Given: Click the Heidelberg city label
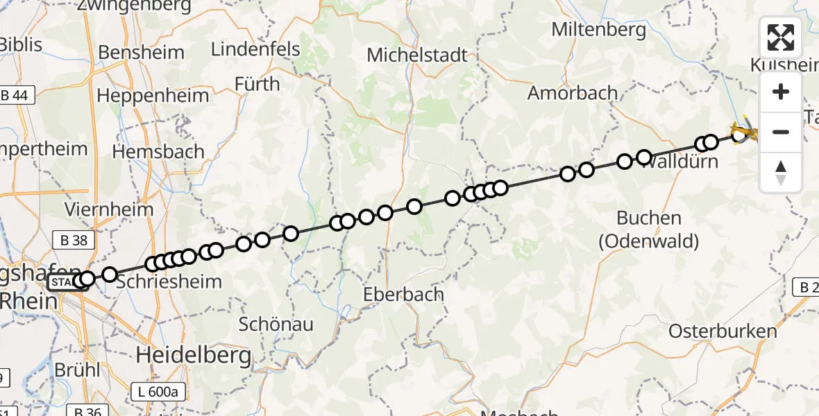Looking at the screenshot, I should (193, 356).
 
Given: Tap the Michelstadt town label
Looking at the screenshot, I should (418, 55).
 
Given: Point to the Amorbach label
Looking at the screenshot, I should (573, 92).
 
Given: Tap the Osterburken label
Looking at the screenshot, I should (723, 331).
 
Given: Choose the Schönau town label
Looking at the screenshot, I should (276, 324).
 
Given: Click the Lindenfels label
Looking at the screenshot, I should (255, 49).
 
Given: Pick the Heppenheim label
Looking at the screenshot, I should (153, 95).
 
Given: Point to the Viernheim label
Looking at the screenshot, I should (99, 209).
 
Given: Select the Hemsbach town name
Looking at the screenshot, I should (158, 152).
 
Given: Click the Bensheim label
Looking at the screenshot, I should (142, 53).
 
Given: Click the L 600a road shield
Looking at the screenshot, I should (158, 392).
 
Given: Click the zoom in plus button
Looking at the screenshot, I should (781, 92).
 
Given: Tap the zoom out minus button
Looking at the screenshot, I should (781, 132).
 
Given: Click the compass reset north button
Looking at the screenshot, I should (781, 171).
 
